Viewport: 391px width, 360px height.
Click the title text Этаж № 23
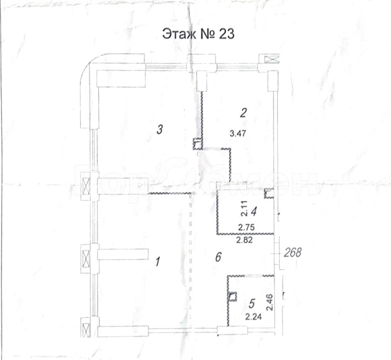(x=198, y=34)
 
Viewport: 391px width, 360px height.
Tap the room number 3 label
(x=160, y=130)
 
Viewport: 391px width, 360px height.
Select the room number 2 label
(x=243, y=113)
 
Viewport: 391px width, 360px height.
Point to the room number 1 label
(x=157, y=262)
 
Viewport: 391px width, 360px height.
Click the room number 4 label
(x=254, y=212)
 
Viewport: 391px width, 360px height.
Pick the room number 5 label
(x=252, y=304)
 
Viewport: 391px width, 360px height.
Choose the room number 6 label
(x=218, y=257)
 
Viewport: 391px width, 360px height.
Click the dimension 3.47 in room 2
(x=238, y=134)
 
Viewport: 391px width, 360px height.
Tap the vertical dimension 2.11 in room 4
(x=244, y=209)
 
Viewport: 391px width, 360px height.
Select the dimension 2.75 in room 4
(x=246, y=227)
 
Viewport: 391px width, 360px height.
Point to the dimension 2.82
(x=244, y=240)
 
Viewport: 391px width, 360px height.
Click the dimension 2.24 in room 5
(x=253, y=317)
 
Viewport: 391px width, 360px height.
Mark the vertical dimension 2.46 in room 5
(x=270, y=302)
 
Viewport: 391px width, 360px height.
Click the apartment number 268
(x=293, y=252)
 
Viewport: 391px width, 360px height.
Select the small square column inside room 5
(x=233, y=297)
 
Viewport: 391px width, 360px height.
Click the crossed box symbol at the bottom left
(x=86, y=327)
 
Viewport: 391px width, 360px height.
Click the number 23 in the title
(x=227, y=34)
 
